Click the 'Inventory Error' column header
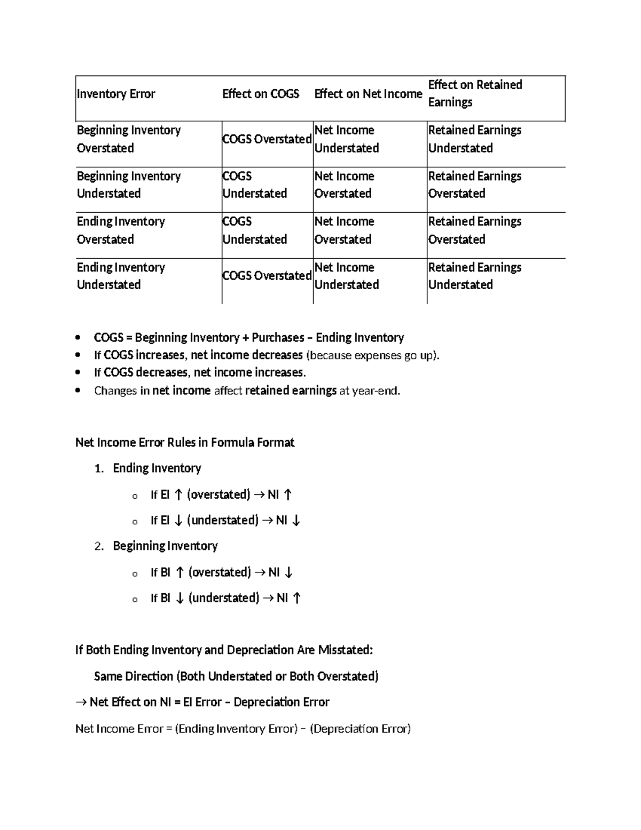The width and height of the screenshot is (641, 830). click(x=116, y=94)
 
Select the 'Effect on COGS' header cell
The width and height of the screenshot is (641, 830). click(x=261, y=94)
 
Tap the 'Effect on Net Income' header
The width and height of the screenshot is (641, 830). click(x=368, y=94)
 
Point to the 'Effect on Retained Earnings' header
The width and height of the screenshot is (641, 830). click(x=475, y=93)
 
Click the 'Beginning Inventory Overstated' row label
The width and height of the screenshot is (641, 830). click(x=129, y=139)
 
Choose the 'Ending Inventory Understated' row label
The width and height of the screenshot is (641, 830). click(x=121, y=276)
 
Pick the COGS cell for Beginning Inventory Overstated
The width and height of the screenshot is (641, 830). click(x=267, y=139)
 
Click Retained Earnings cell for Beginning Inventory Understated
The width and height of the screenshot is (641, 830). click(x=474, y=184)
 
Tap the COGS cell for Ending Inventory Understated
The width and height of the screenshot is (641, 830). click(x=267, y=276)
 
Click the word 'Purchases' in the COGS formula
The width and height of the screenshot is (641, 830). click(x=278, y=338)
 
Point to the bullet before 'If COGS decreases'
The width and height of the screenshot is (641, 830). click(x=79, y=373)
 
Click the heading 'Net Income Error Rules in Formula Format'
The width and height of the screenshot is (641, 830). click(x=185, y=443)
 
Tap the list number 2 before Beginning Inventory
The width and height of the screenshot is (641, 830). click(x=98, y=546)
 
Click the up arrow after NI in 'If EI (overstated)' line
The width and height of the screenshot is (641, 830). click(x=288, y=495)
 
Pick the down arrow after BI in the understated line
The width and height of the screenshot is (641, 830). click(x=179, y=598)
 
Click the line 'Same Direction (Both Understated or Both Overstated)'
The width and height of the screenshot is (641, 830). click(x=236, y=676)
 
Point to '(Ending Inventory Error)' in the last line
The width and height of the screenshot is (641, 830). click(x=236, y=728)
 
